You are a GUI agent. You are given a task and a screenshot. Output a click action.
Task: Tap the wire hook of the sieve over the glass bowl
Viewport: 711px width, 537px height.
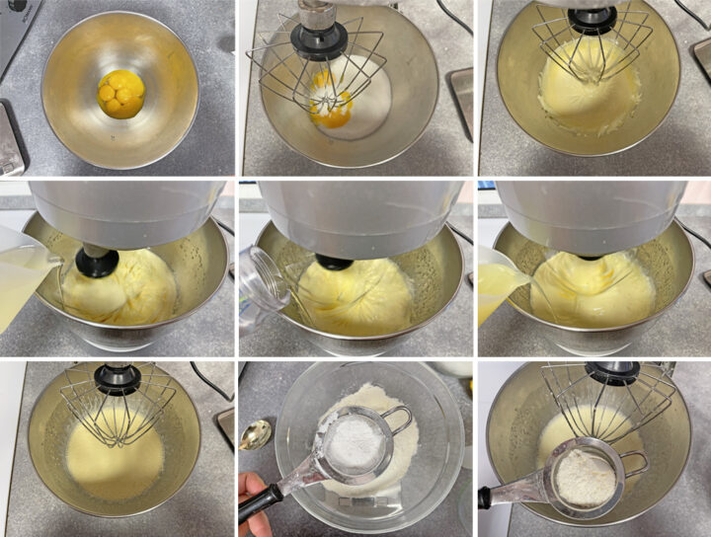click(401, 421)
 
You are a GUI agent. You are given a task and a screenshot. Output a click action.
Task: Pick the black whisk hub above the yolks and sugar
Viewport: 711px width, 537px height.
click(318, 39)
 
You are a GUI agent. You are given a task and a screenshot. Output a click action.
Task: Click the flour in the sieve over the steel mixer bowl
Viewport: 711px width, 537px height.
click(585, 477)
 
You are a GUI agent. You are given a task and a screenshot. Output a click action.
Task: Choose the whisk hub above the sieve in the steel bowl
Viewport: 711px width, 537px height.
click(613, 372)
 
